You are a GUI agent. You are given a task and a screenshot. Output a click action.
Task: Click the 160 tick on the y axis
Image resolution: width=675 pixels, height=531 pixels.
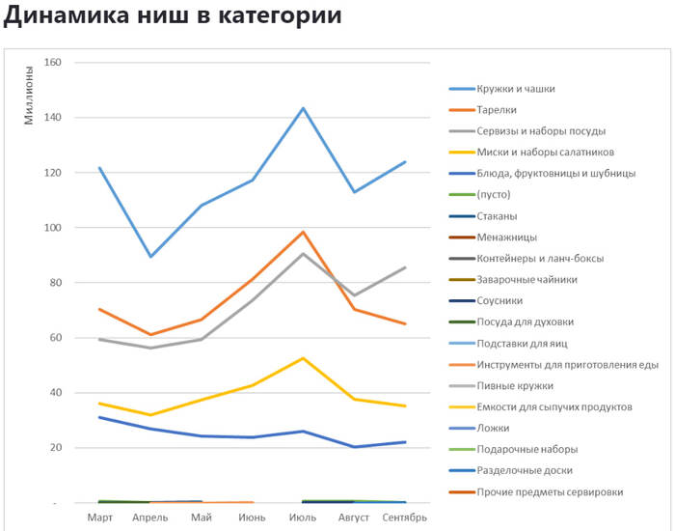tap(53, 63)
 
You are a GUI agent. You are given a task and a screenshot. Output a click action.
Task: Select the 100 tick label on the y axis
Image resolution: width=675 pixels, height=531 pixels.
tap(53, 228)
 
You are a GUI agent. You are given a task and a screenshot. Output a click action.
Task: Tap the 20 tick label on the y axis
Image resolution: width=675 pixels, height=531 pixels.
tap(56, 448)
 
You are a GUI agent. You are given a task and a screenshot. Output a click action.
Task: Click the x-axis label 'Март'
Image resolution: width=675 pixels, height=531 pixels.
tap(99, 517)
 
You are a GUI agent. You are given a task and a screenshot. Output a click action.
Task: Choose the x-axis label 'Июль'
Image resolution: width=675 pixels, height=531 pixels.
tap(303, 517)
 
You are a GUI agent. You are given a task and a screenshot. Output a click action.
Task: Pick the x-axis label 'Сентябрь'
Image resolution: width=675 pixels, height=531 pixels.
tap(404, 517)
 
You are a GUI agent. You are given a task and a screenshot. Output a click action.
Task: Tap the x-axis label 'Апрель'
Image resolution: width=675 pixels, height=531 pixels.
tap(149, 517)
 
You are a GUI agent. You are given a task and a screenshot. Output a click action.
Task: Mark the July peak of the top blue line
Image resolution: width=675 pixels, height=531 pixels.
tap(303, 108)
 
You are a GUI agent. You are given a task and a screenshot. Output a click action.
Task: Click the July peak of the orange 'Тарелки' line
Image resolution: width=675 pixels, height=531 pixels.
tap(303, 232)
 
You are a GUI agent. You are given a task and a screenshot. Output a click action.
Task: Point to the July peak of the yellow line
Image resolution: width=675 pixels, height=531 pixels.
tap(303, 358)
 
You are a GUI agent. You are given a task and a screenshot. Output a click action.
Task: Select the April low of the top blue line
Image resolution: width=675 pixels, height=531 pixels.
tap(150, 257)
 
